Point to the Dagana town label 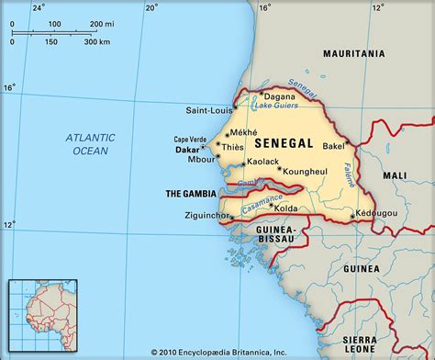click(x=279, y=96)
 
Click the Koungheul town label click(x=306, y=170)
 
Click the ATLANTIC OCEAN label click(x=90, y=143)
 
